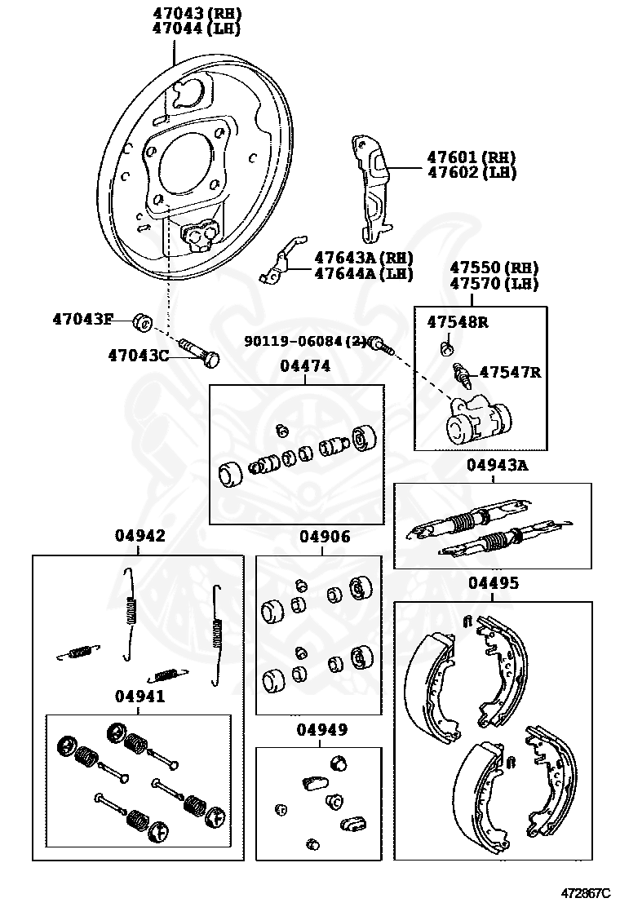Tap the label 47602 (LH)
click(472, 172)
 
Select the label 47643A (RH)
click(363, 259)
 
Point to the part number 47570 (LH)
click(498, 283)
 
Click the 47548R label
click(457, 322)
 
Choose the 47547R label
click(510, 373)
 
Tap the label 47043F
click(82, 319)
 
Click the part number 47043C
click(138, 355)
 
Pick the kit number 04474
click(305, 367)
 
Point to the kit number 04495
click(493, 583)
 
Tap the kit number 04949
click(321, 729)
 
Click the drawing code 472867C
click(585, 894)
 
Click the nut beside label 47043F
click(142, 323)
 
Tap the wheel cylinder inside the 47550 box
click(477, 418)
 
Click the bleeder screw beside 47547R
click(462, 376)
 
